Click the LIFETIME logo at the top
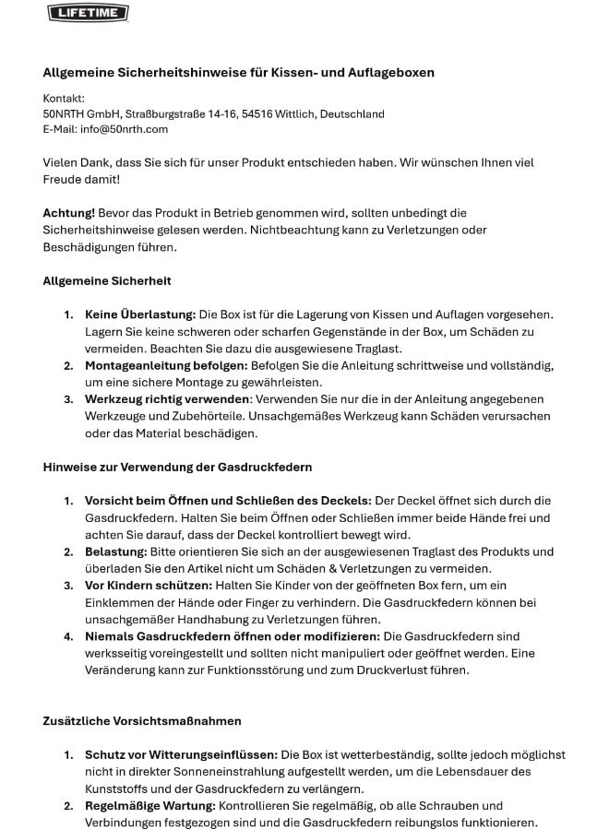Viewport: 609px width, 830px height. click(x=88, y=12)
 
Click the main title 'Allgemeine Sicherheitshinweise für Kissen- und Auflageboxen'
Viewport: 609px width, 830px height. click(x=238, y=72)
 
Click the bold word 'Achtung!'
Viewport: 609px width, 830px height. click(x=68, y=213)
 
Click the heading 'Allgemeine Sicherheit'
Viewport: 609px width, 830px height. click(x=107, y=280)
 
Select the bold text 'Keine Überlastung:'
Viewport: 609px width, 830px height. click(x=140, y=314)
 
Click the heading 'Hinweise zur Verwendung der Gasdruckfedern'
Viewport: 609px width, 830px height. click(x=177, y=467)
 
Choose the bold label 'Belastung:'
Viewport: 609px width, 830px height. click(x=115, y=551)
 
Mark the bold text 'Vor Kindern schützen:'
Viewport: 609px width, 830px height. click(x=148, y=586)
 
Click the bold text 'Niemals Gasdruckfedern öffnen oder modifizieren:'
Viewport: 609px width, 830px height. click(x=232, y=636)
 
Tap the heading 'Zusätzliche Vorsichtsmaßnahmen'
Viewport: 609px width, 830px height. click(x=142, y=720)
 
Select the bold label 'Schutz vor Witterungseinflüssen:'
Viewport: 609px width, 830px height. click(x=181, y=754)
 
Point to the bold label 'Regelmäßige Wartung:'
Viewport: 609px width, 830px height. click(x=149, y=805)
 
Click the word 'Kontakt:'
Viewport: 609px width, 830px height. click(x=64, y=98)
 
